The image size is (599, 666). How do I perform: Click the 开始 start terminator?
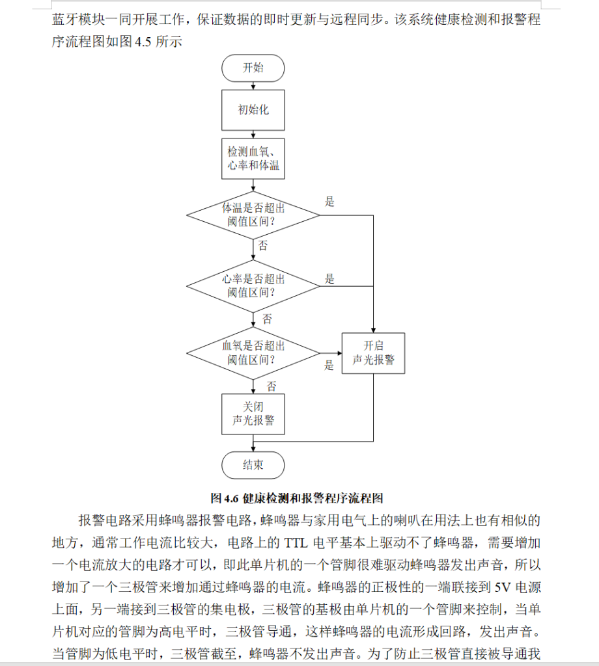point(253,68)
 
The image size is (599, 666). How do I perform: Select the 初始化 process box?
point(253,109)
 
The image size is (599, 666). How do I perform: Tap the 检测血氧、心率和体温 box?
point(253,158)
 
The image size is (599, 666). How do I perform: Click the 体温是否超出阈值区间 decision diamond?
point(253,215)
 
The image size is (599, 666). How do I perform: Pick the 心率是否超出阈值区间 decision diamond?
point(253,286)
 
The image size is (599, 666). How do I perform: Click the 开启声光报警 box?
point(373,353)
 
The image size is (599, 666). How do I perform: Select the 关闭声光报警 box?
point(253,414)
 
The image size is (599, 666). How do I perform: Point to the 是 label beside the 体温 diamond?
point(330,202)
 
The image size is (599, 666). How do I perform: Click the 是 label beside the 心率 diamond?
point(330,279)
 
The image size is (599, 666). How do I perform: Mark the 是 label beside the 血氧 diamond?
point(329,366)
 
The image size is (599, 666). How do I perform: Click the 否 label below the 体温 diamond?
point(263,246)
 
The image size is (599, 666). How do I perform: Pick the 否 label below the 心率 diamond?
point(267,319)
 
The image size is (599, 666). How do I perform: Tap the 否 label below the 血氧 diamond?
point(272,386)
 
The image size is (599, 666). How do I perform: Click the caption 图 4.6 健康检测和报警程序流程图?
point(296,498)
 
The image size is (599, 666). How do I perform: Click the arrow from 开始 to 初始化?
point(253,85)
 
